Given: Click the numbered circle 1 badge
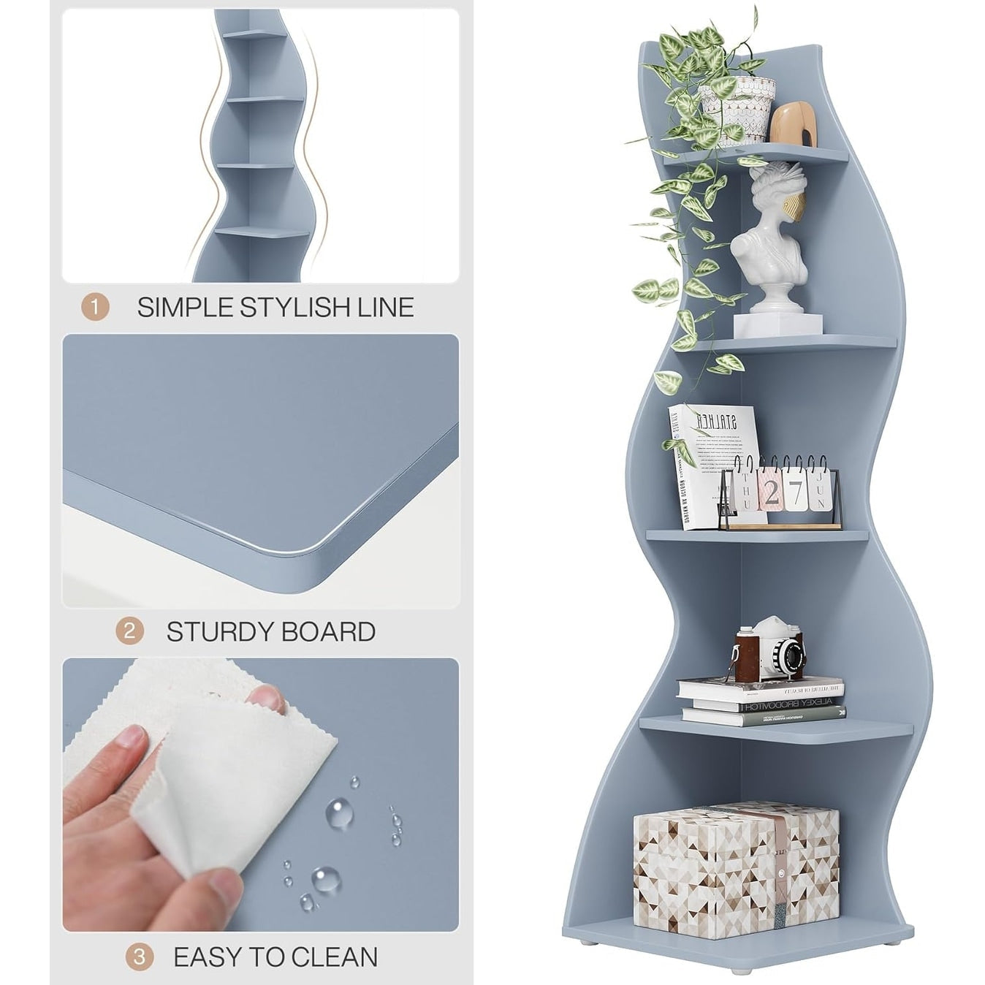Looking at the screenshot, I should point(94,307).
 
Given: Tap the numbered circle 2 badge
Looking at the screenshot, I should point(129,631).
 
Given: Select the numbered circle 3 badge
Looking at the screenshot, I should point(139,957).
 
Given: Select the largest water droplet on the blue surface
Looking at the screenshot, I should point(326,878).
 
